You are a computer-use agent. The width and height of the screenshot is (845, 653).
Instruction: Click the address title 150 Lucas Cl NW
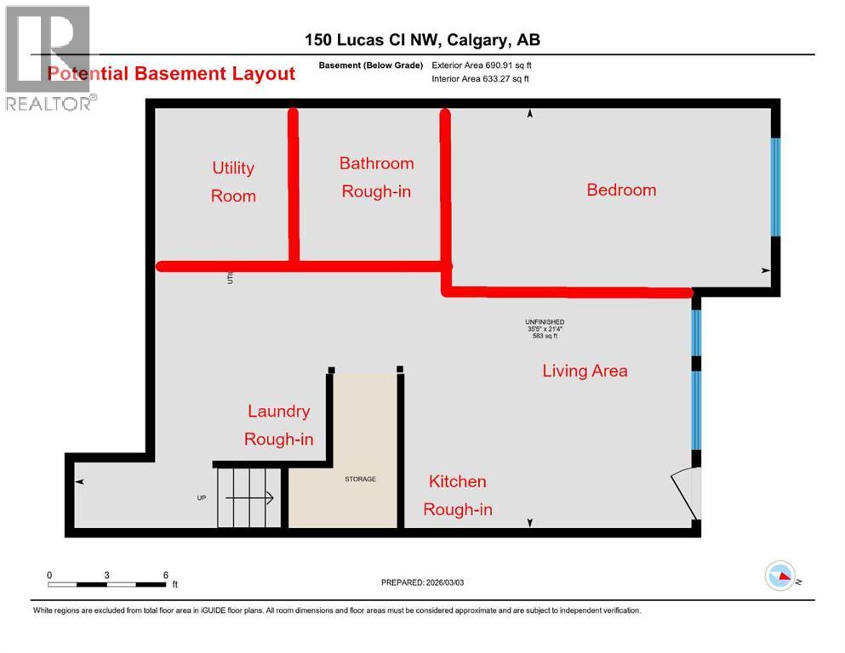click(x=422, y=40)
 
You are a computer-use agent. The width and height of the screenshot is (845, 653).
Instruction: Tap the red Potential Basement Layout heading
click(x=171, y=73)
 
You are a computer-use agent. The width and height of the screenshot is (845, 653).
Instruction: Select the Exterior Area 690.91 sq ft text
click(x=482, y=65)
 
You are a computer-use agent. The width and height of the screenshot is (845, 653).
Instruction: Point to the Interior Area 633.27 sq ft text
click(x=480, y=79)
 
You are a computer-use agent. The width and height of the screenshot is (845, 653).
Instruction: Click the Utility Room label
click(x=233, y=182)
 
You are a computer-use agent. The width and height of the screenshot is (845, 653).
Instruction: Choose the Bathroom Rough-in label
click(x=376, y=177)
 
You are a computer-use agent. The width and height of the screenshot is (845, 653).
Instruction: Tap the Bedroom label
click(x=621, y=190)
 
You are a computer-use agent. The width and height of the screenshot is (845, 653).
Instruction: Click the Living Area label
click(x=585, y=370)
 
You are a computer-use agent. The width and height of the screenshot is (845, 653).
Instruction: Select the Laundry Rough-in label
click(x=278, y=425)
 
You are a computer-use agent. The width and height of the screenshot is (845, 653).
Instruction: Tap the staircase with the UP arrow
click(x=247, y=498)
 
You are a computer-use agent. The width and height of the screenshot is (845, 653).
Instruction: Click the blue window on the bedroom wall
click(x=774, y=187)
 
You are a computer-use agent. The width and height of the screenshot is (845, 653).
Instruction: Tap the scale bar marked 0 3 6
click(x=107, y=583)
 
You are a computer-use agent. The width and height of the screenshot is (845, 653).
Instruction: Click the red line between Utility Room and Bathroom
click(x=294, y=187)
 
